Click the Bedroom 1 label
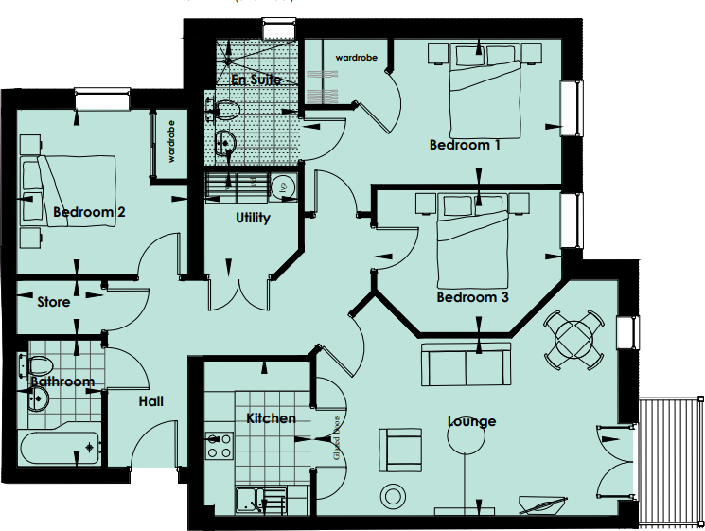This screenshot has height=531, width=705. click(x=465, y=145)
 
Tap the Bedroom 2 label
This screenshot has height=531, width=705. click(x=89, y=212)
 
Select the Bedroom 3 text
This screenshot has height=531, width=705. click(x=472, y=297)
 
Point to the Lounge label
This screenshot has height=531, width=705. click(x=471, y=421)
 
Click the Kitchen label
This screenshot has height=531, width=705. click(x=271, y=417)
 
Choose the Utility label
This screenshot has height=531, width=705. click(x=253, y=218)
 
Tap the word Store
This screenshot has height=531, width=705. click(x=53, y=302)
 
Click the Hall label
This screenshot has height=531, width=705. click(x=150, y=401)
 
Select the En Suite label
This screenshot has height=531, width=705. click(x=256, y=80)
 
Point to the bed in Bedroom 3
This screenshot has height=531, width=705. click(x=473, y=242)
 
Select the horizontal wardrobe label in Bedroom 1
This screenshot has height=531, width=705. click(x=356, y=59)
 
